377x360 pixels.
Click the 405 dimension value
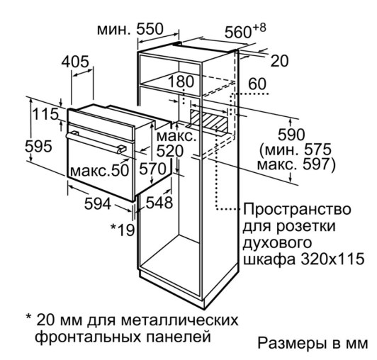(75, 62)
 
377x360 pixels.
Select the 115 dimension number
(45, 114)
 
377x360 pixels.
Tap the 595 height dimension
(38, 146)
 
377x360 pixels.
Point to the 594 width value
(98, 204)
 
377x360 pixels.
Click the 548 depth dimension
(159, 202)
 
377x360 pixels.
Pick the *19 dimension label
(123, 230)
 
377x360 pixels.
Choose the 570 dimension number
(153, 169)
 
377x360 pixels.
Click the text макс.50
(100, 171)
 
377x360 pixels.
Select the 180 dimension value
(181, 81)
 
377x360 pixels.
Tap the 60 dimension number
(257, 84)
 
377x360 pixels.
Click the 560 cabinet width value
(238, 32)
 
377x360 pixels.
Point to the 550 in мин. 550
(150, 29)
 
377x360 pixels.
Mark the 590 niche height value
(291, 135)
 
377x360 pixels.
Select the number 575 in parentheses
(318, 150)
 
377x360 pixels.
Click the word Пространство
(297, 209)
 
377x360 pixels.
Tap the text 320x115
(332, 259)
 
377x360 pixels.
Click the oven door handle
(96, 142)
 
